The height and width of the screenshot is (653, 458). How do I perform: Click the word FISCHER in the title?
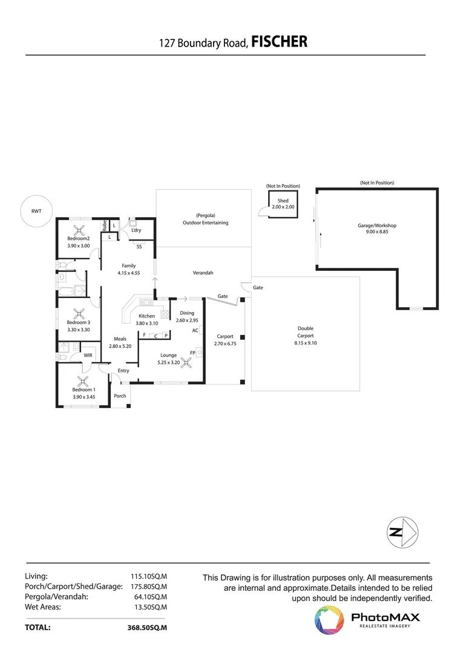(x=279, y=42)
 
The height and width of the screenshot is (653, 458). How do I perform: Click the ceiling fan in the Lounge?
(x=188, y=362)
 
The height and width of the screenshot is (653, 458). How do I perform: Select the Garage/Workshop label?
(x=376, y=226)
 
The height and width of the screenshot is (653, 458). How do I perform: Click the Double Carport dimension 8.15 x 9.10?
(x=305, y=343)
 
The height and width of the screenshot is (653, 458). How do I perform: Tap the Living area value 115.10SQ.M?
(x=148, y=576)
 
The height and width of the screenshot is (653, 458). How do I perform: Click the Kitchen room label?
(x=147, y=316)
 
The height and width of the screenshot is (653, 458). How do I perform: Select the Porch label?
(x=120, y=396)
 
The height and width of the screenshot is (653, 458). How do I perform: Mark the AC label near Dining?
(x=195, y=331)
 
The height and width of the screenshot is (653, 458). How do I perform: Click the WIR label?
(x=88, y=355)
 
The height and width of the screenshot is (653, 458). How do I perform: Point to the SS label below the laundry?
(x=139, y=247)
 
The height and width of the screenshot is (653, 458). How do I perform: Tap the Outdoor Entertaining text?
(x=206, y=223)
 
